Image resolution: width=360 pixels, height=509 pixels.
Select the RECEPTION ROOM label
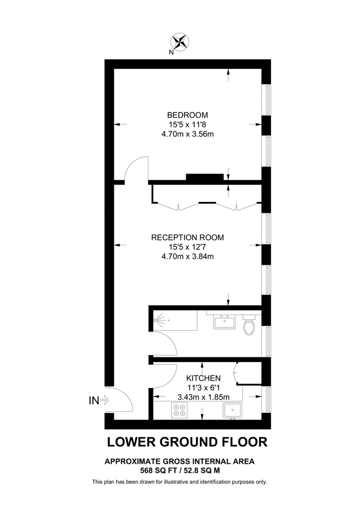tap(187, 238)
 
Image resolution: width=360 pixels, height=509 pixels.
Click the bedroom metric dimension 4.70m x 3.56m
tap(187, 134)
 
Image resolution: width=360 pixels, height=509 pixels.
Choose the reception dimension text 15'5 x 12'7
tap(187, 247)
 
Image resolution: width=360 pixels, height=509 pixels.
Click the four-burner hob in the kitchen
tap(179, 412)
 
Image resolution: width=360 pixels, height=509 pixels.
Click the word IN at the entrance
tap(93, 401)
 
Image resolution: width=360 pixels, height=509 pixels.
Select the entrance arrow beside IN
tap(106, 401)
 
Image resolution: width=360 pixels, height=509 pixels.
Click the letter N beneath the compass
tap(171, 53)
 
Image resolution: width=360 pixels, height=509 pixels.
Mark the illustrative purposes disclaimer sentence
tap(179, 482)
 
